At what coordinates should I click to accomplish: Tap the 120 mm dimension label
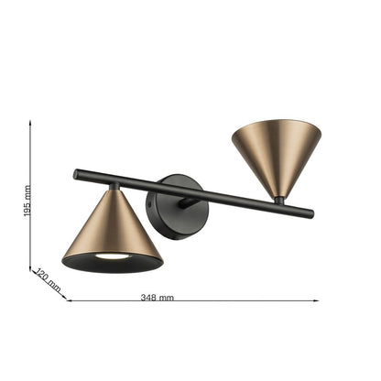point(47,279)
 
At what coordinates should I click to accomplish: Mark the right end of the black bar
point(310,214)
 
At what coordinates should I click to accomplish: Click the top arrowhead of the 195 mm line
point(30,122)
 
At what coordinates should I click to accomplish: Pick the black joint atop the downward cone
point(114,189)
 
